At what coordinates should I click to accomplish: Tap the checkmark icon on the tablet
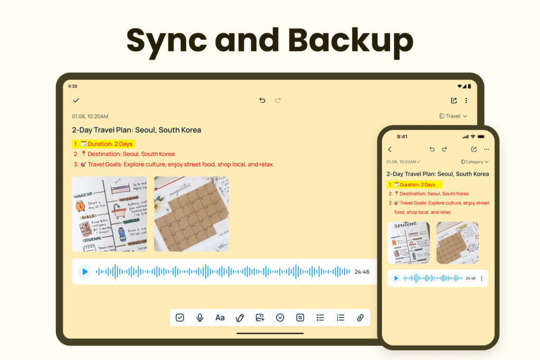tap(76, 100)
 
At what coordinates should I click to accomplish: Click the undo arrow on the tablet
tap(262, 100)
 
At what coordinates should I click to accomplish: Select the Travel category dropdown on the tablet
tap(453, 116)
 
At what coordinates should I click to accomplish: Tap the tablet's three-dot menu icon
tap(466, 100)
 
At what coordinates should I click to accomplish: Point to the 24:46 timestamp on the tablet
tap(362, 272)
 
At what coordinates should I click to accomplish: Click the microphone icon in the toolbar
tap(200, 317)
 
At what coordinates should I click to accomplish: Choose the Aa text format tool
tap(220, 317)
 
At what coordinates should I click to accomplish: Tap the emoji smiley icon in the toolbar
tap(280, 317)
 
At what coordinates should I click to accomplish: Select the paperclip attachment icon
tap(360, 317)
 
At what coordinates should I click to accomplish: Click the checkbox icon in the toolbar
tap(180, 317)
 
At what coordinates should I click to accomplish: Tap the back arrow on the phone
tap(390, 150)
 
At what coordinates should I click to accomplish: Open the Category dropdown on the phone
tap(475, 162)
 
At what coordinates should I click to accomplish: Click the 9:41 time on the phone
tap(402, 137)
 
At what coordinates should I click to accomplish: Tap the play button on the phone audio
tap(396, 278)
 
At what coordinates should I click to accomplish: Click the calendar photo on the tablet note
tap(191, 213)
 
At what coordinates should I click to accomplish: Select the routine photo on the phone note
tap(408, 242)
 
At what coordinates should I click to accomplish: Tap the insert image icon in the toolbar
tap(260, 317)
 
